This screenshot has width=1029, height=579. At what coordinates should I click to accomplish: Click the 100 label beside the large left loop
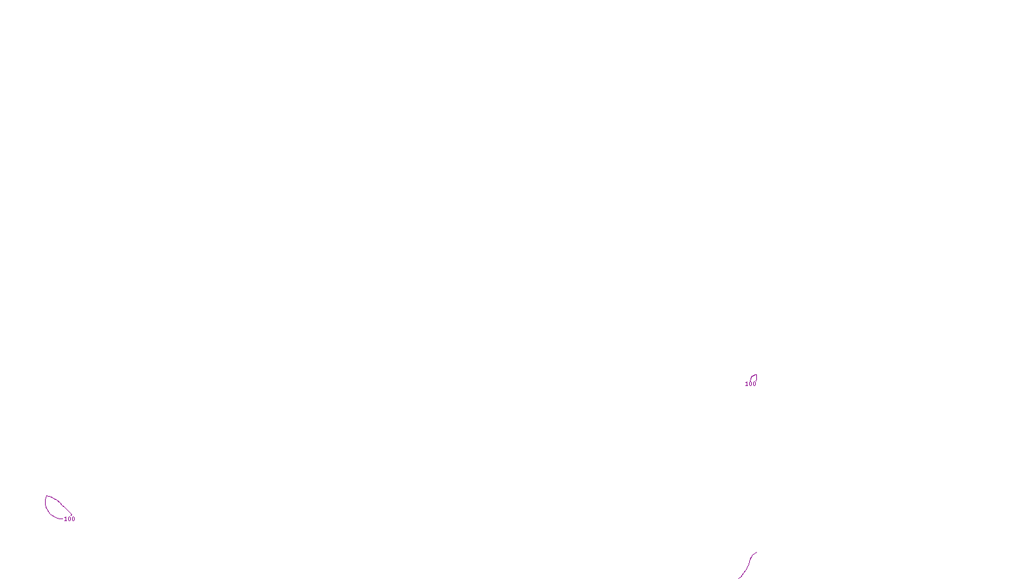click(x=69, y=519)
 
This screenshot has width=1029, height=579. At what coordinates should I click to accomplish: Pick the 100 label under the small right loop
click(x=751, y=384)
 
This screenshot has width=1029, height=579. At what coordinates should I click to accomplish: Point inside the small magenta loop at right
click(x=754, y=378)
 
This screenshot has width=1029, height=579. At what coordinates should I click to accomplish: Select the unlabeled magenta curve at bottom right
click(x=747, y=564)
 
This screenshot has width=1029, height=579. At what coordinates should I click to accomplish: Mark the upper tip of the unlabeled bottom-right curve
click(x=756, y=553)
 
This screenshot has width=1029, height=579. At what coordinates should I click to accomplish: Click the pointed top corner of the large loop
click(x=46, y=496)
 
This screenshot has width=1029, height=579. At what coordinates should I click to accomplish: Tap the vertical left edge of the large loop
click(x=45, y=505)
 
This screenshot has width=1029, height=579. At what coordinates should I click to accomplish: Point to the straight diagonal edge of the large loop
click(x=61, y=504)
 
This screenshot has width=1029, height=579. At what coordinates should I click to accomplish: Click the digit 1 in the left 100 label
click(x=66, y=519)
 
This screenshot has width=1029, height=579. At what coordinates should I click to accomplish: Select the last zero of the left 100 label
click(x=73, y=519)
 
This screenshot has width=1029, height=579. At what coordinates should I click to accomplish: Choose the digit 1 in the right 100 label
click(x=747, y=384)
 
